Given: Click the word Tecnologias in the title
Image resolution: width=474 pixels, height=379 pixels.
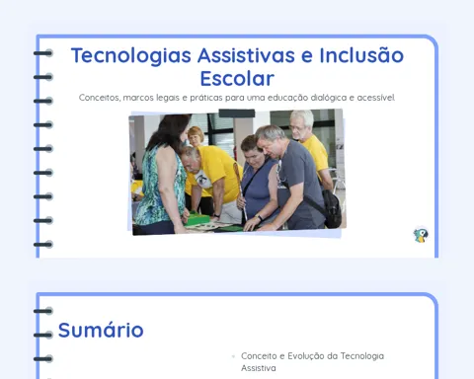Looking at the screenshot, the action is (131, 56).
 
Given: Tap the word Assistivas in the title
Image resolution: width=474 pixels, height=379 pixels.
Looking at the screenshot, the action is (246, 55).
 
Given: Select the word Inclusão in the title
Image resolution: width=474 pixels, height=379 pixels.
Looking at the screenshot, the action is (361, 54).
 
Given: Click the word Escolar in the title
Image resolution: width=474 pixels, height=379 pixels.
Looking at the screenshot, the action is (237, 78).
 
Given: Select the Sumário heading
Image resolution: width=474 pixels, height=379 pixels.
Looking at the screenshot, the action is (101, 330).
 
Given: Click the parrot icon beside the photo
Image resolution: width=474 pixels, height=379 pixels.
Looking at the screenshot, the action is (421, 235).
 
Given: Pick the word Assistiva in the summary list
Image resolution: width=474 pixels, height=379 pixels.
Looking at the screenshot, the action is (259, 368).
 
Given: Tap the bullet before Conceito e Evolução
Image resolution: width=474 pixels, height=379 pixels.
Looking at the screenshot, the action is (233, 356).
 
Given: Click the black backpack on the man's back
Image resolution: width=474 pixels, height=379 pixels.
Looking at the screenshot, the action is (332, 208).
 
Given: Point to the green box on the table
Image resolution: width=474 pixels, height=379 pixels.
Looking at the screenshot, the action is (197, 219).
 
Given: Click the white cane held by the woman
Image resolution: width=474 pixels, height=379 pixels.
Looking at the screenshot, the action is (240, 191).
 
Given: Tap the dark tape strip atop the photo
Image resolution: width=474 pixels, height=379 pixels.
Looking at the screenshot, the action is (237, 114).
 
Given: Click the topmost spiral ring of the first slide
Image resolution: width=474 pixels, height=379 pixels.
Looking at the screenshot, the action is (43, 53).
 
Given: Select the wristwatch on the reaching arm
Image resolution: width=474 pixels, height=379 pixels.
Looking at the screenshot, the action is (260, 218).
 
